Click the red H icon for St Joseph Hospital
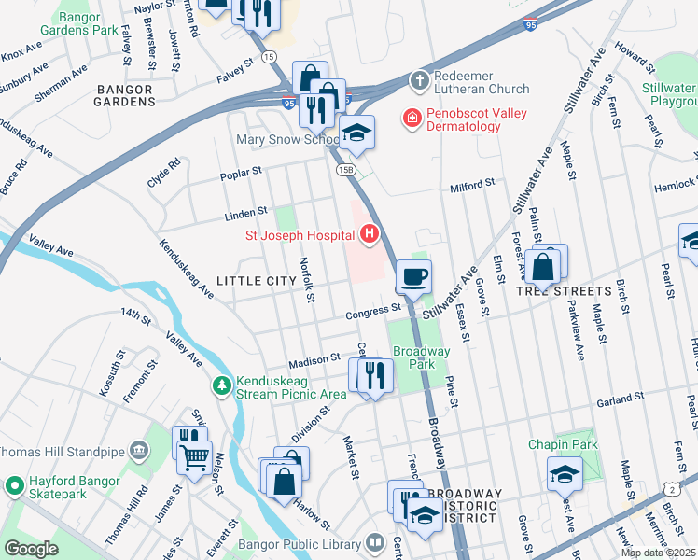point(370,233)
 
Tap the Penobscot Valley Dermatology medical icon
point(410,119)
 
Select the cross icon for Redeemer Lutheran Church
point(421,81)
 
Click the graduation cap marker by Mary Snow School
point(356,133)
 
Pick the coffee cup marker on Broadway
point(413,276)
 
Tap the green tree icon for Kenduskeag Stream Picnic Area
point(221,384)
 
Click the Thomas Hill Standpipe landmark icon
point(139,452)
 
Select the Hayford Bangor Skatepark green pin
point(14,486)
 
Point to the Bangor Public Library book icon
point(373,543)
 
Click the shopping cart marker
point(195,457)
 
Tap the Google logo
point(31,549)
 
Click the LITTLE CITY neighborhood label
point(249,280)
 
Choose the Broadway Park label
point(421,358)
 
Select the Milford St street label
point(471,186)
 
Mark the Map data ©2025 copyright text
point(657,553)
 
